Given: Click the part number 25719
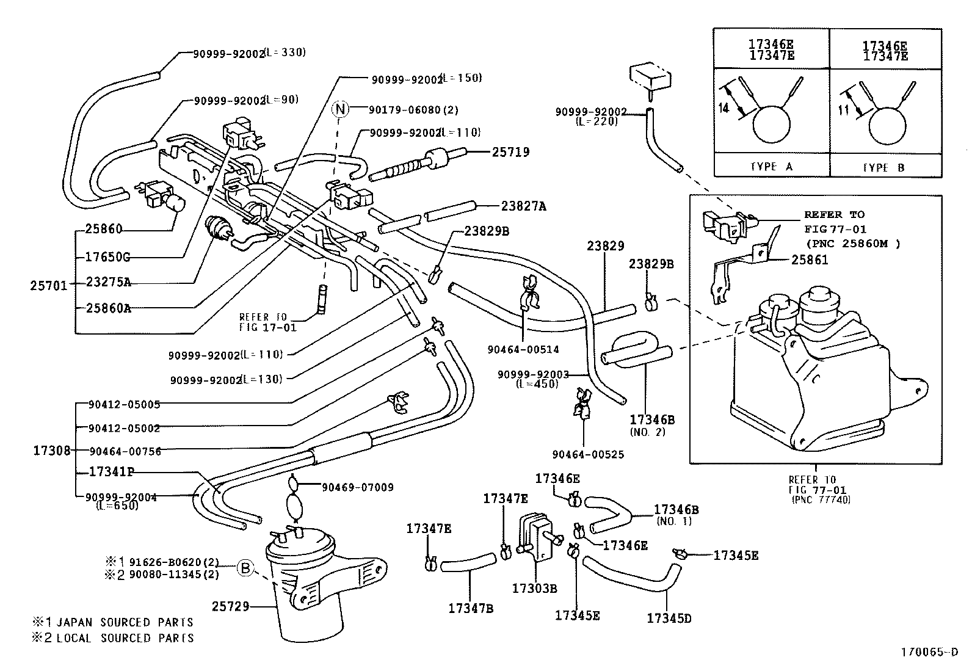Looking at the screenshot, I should (x=510, y=152).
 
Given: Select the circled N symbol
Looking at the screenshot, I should (x=340, y=109).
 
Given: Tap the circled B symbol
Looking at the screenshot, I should (x=244, y=568).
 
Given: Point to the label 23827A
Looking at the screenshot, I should (x=523, y=206).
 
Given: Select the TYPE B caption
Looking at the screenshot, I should (x=883, y=167).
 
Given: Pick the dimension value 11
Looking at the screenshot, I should (x=844, y=111).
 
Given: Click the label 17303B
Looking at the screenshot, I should (x=534, y=589).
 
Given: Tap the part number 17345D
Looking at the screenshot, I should (x=669, y=618).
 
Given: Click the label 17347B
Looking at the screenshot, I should (x=470, y=608).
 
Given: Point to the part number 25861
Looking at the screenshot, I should (x=810, y=259).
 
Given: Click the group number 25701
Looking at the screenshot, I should (x=49, y=284).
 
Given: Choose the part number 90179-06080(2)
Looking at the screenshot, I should (x=413, y=110).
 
